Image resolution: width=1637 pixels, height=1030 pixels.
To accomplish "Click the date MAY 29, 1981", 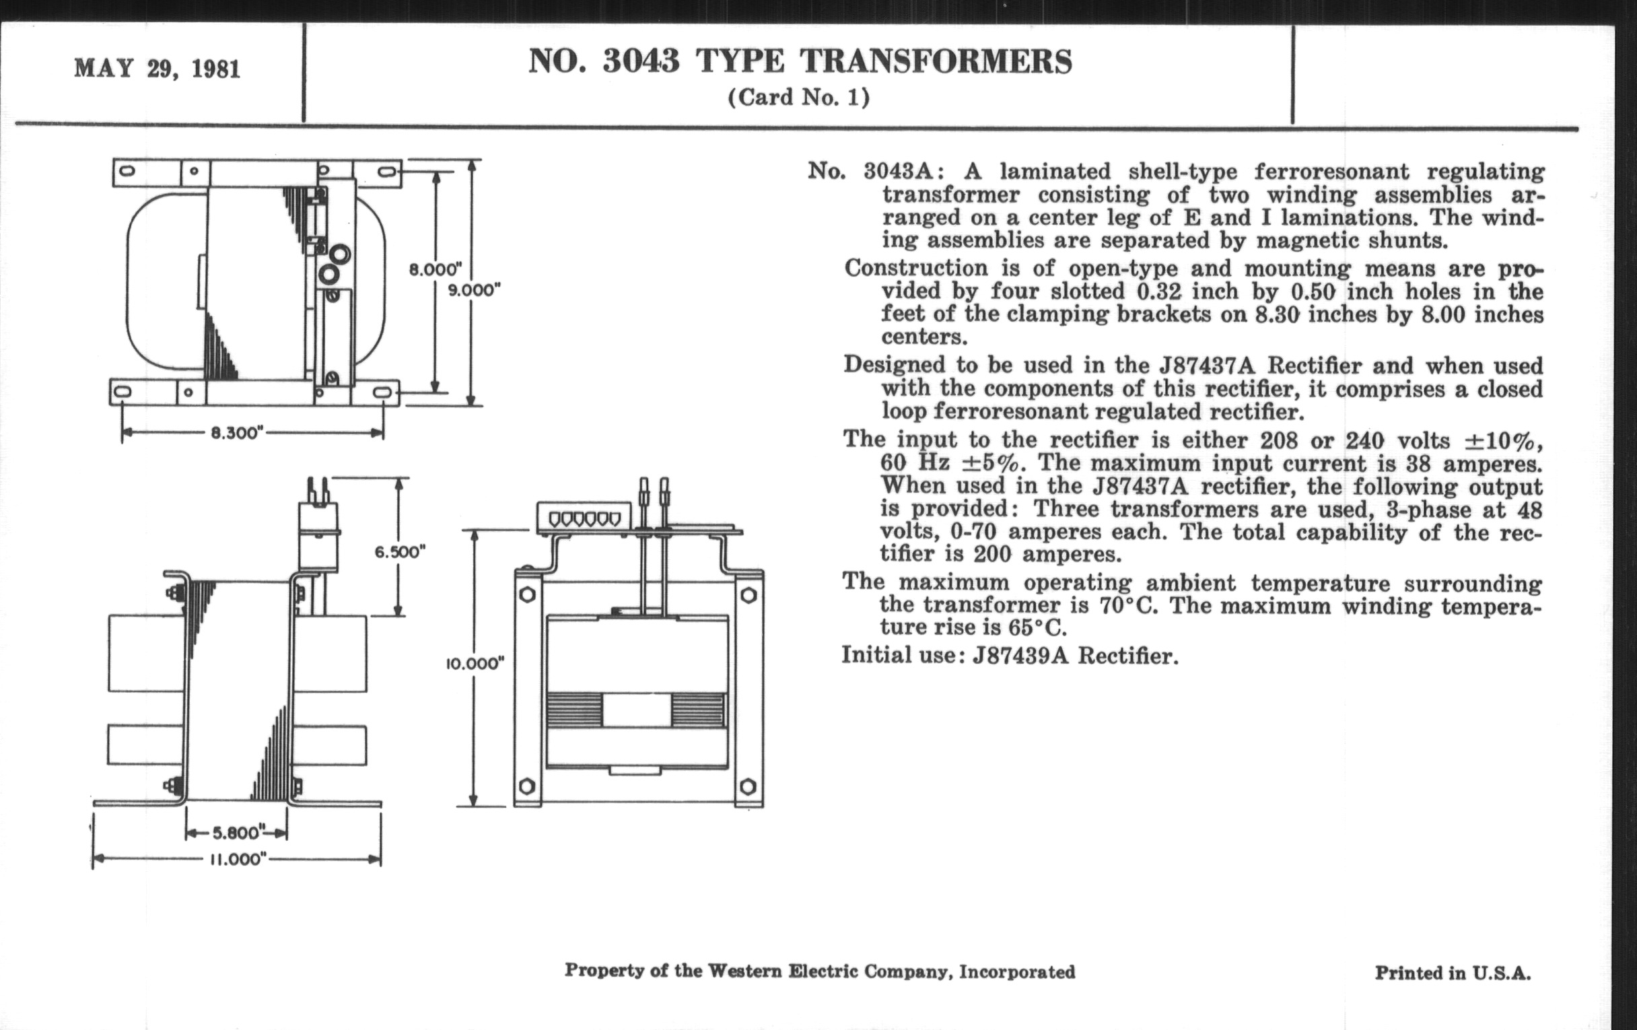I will (x=157, y=69).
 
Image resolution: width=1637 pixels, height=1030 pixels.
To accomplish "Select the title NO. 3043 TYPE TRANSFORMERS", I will (x=800, y=61).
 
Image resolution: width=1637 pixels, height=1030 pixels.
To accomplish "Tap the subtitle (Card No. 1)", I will (x=799, y=97).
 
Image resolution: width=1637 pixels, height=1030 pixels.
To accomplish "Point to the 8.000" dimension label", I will (x=435, y=269).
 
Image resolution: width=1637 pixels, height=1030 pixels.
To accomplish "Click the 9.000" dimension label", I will (x=474, y=289).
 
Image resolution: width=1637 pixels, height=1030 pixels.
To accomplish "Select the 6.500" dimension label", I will (x=400, y=551).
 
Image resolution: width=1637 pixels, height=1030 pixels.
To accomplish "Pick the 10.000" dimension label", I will (x=475, y=664).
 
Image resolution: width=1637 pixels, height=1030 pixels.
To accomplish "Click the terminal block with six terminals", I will (x=584, y=518).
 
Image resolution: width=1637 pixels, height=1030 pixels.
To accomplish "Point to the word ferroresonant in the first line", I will (x=1332, y=171).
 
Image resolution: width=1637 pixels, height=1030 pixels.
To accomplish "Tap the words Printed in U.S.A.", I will (x=1453, y=973).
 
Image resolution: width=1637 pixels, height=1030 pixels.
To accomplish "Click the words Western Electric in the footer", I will (x=779, y=971).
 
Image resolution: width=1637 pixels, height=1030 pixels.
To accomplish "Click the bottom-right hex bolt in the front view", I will (x=747, y=786).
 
